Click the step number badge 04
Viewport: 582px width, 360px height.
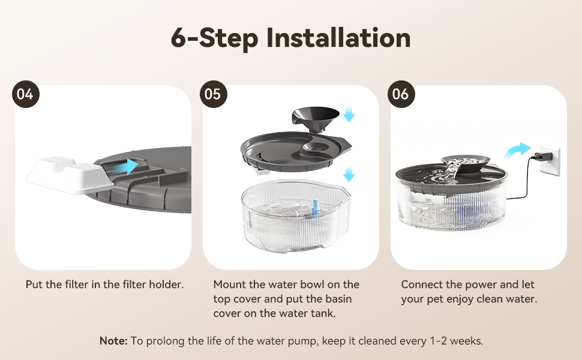click(x=26, y=94)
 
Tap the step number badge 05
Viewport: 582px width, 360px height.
click(x=214, y=94)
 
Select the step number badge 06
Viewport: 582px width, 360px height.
click(x=401, y=94)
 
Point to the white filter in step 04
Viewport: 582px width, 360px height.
click(x=70, y=175)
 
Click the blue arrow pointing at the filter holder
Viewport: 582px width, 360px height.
click(x=125, y=167)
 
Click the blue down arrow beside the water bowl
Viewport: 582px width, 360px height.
click(x=349, y=114)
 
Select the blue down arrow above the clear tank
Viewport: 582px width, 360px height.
click(x=349, y=174)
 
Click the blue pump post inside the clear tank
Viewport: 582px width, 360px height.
click(x=316, y=207)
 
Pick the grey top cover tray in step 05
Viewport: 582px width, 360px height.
click(x=295, y=152)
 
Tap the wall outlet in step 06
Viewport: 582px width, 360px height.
click(x=550, y=160)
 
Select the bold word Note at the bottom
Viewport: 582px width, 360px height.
click(x=113, y=341)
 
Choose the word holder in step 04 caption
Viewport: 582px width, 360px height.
click(x=166, y=284)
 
